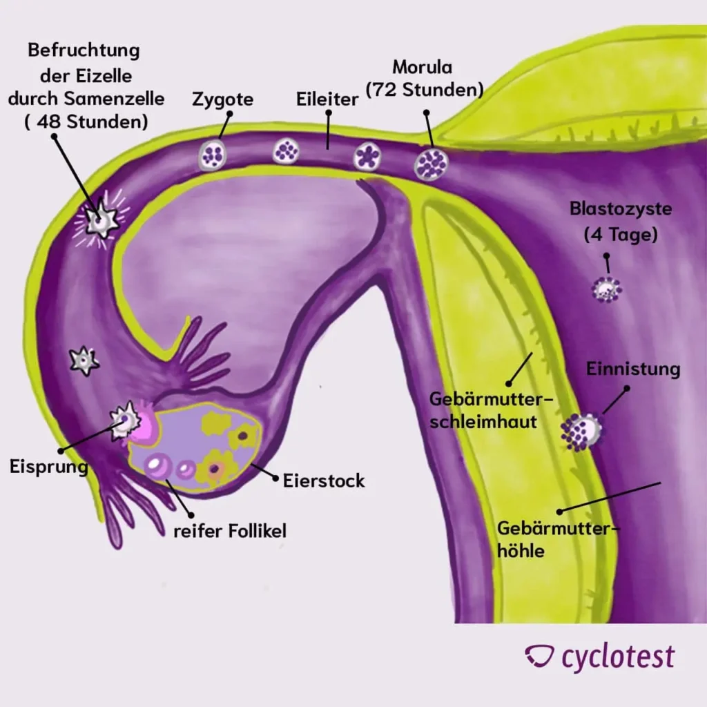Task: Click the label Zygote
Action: click(x=222, y=99)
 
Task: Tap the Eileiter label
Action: click(x=329, y=99)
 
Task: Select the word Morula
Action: click(x=422, y=68)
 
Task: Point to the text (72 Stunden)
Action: click(x=424, y=90)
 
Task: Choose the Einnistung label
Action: click(x=633, y=369)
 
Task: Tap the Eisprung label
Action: click(x=48, y=467)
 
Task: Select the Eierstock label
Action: click(x=324, y=481)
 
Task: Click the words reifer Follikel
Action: click(x=229, y=531)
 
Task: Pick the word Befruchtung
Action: click(x=84, y=50)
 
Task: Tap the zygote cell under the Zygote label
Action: click(x=211, y=155)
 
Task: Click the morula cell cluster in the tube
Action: click(x=432, y=164)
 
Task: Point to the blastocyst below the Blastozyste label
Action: click(x=607, y=289)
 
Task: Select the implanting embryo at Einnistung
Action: click(x=582, y=432)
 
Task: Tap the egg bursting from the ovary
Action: click(x=127, y=420)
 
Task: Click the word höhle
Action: click(x=521, y=551)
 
